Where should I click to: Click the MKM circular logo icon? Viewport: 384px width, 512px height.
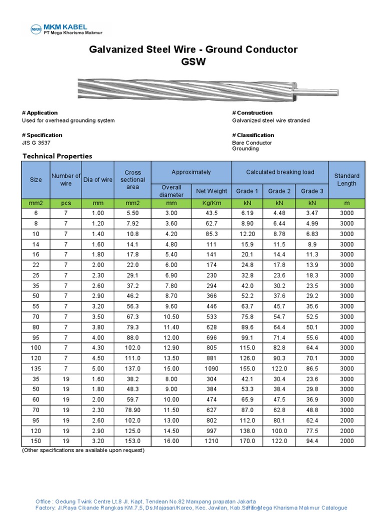[36, 29]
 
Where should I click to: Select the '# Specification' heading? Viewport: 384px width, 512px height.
[42, 135]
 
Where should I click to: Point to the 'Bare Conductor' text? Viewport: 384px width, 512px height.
[252, 143]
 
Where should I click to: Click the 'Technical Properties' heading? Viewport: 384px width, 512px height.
[57, 156]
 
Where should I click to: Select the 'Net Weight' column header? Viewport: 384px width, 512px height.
[211, 191]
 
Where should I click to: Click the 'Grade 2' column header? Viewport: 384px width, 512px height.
[279, 191]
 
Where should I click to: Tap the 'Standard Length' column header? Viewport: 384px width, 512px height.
[346, 179]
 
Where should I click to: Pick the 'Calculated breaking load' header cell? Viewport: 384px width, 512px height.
[280, 172]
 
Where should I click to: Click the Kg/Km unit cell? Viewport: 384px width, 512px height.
[211, 203]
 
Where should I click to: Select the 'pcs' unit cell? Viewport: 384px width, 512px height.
[66, 203]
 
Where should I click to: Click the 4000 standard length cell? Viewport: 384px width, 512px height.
[346, 337]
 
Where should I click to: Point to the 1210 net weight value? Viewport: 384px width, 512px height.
[211, 441]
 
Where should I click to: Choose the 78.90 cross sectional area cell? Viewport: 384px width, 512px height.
[133, 410]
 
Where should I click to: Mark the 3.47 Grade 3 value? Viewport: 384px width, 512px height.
[312, 213]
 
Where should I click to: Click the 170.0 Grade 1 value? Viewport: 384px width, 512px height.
[247, 441]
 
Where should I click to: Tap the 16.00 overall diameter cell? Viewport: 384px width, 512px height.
[171, 441]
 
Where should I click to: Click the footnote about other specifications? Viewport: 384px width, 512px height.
[83, 450]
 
